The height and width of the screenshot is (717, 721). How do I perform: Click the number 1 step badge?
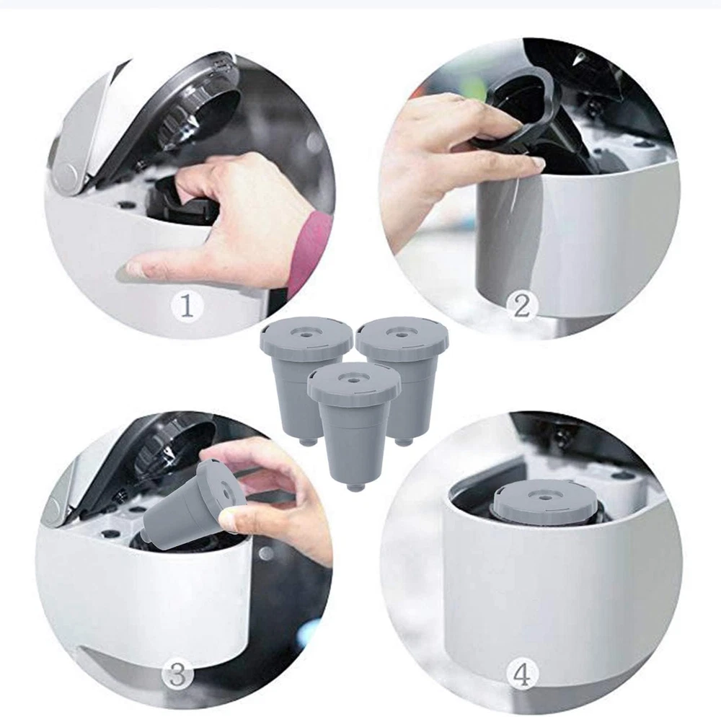[186, 305]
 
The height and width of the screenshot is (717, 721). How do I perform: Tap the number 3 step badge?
[177, 675]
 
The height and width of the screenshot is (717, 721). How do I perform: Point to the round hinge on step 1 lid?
[66, 173]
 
